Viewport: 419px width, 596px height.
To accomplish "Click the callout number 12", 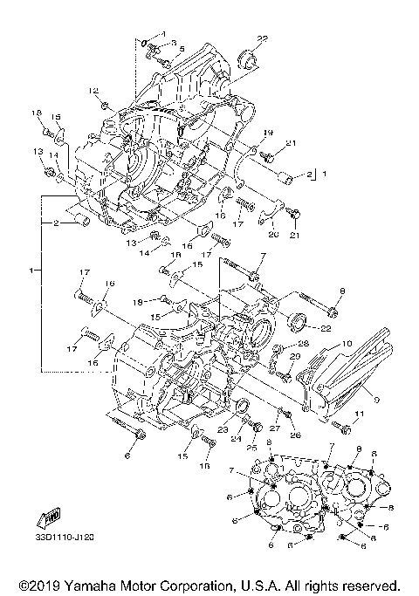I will click(93, 91).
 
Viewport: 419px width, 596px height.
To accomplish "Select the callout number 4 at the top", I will click(162, 33).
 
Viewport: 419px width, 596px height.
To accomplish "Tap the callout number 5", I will click(181, 50).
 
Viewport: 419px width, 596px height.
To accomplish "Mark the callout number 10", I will click(346, 344).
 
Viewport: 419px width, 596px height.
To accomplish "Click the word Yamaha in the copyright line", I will click(100, 585).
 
